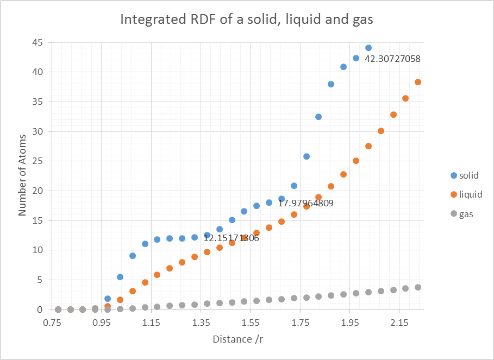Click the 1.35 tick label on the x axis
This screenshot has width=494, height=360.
(201, 323)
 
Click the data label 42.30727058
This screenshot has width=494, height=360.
(392, 59)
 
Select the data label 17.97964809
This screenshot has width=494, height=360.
(305, 204)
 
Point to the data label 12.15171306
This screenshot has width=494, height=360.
(231, 238)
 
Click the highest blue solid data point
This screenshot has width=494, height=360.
(368, 48)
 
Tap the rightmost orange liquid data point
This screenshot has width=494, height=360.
(418, 82)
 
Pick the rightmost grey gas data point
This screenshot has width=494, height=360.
(418, 287)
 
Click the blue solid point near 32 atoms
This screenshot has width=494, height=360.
(318, 117)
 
